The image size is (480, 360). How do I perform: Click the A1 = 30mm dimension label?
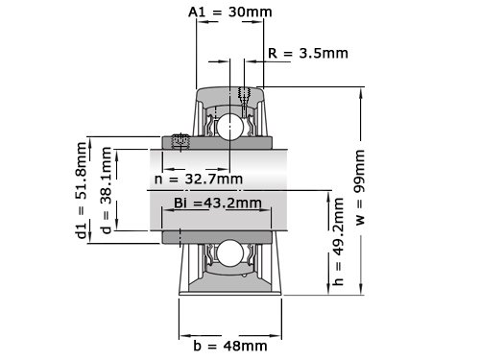point(230,12)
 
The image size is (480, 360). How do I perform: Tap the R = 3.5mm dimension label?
point(308,53)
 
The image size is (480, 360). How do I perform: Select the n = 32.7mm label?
point(199,179)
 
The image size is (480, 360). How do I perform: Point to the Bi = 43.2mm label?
point(218,203)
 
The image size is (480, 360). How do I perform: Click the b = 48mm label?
point(230,346)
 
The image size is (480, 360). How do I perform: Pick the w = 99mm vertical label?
point(360,187)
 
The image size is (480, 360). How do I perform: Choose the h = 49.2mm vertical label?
point(338,241)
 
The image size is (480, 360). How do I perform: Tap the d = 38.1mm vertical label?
point(106,190)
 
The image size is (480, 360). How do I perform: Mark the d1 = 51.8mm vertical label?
point(82,190)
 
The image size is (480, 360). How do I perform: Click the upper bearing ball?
point(229,127)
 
